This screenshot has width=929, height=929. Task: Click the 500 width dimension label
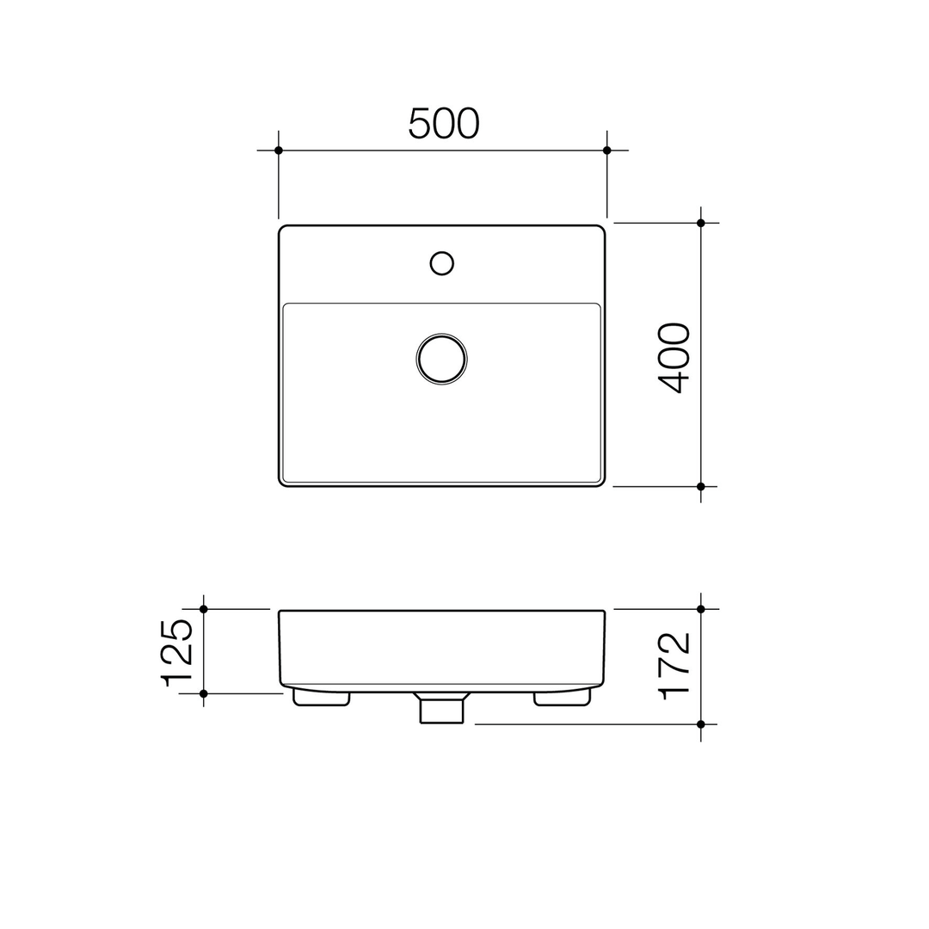click(x=443, y=124)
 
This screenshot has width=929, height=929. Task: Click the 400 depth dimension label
click(x=674, y=358)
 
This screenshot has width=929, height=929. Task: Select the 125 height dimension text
click(x=177, y=652)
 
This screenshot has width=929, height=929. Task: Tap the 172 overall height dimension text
click(x=674, y=665)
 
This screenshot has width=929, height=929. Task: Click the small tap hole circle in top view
click(x=441, y=263)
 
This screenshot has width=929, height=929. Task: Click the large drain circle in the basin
click(x=441, y=358)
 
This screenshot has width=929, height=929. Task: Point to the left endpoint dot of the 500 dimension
click(x=279, y=151)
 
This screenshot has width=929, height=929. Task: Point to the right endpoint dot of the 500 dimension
click(x=606, y=151)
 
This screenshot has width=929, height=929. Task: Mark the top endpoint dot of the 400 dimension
click(x=701, y=223)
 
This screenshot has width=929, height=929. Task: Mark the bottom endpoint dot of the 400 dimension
click(x=701, y=487)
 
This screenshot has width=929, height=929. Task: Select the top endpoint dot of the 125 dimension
click(x=204, y=609)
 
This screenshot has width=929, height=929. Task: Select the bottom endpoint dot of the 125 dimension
click(x=204, y=693)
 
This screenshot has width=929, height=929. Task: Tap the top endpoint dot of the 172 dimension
click(x=701, y=609)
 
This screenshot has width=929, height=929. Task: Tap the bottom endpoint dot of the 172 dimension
click(x=701, y=724)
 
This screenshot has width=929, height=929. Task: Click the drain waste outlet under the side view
click(x=441, y=709)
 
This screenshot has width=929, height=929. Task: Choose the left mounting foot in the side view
click(x=321, y=698)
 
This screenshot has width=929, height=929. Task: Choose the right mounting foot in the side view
click(x=562, y=698)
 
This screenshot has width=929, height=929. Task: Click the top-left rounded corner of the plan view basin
click(x=282, y=229)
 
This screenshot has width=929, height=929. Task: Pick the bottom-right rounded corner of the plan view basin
click(x=601, y=483)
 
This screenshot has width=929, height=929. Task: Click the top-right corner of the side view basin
click(x=604, y=612)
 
